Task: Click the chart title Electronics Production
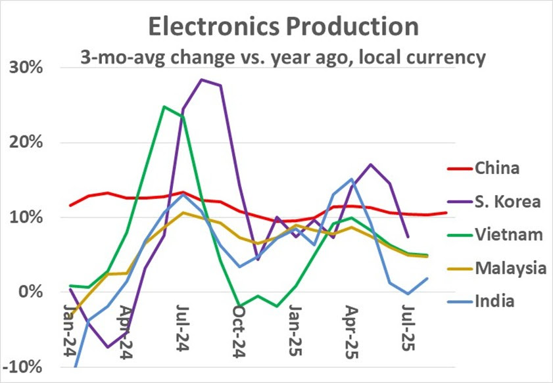pyautogui.click(x=282, y=26)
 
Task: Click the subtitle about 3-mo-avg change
pyautogui.click(x=282, y=57)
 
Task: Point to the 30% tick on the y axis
pyautogui.click(x=25, y=68)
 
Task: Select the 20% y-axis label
pyautogui.click(x=25, y=143)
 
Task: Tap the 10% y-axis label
pyautogui.click(x=25, y=217)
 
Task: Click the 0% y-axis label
pyautogui.click(x=30, y=292)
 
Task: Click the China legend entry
pyautogui.click(x=497, y=168)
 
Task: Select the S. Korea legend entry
pyautogui.click(x=506, y=201)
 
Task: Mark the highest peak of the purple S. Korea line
pyautogui.click(x=201, y=79)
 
